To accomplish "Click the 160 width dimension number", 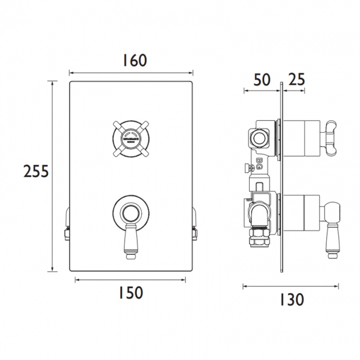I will tap(131, 60).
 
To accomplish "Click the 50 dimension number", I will tap(261, 79).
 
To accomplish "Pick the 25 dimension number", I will tap(297, 79).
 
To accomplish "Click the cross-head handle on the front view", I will tap(131, 137).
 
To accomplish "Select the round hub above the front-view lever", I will tap(131, 212).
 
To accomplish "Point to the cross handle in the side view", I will tap(332, 135).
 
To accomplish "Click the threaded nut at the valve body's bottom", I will tap(259, 239).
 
